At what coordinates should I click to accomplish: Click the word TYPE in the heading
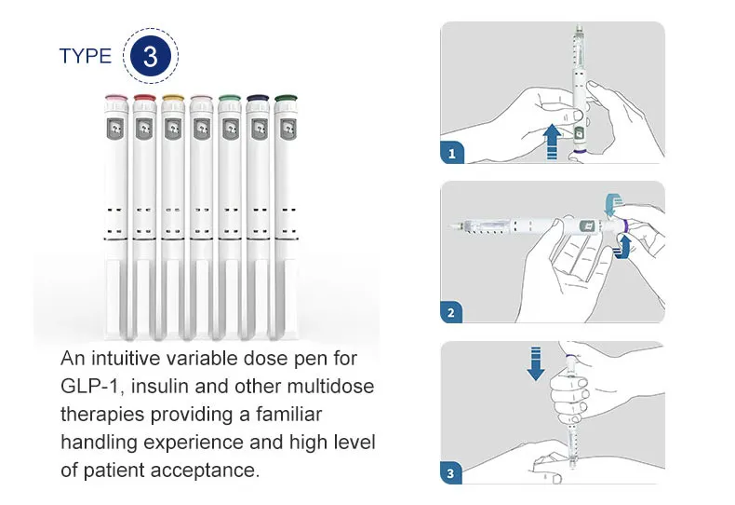(85, 56)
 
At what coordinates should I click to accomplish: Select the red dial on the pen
(144, 96)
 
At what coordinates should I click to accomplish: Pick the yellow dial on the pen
(172, 96)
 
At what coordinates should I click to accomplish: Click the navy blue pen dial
(257, 96)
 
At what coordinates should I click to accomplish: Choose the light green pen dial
(229, 96)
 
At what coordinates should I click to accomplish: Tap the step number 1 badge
(452, 153)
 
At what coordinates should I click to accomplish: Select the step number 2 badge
(452, 312)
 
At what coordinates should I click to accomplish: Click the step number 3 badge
(452, 473)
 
